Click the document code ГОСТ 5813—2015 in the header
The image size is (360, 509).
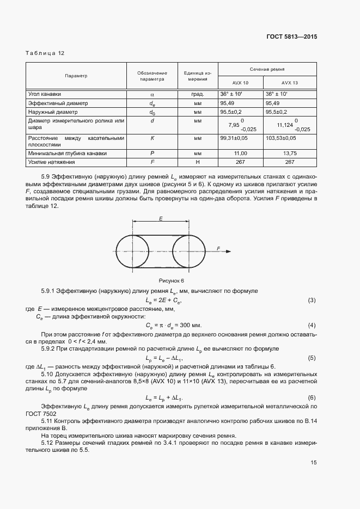point(291,37)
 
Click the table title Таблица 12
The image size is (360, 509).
point(45,53)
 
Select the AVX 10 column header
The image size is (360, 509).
point(240,83)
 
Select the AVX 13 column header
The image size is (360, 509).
point(289,83)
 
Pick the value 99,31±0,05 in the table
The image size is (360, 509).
point(235,139)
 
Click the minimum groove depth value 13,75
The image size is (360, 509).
point(289,154)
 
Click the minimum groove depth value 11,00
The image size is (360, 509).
point(240,154)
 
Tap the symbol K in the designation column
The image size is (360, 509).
point(152,139)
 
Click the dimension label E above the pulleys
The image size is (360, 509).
point(161,218)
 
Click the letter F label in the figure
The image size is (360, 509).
point(218,248)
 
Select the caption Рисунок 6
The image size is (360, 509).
point(172,280)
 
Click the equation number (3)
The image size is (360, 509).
point(312,301)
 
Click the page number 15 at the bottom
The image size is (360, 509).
point(313,463)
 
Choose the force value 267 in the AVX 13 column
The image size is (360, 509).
point(289,162)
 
